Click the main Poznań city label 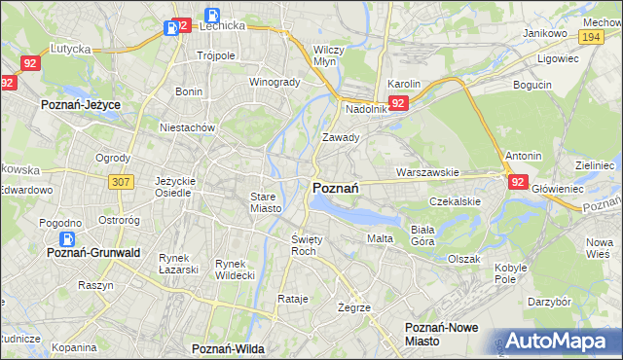(337, 188)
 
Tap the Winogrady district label (275, 82)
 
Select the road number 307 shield (122, 181)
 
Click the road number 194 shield (588, 36)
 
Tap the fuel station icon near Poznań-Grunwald (67, 238)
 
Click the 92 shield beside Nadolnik (397, 102)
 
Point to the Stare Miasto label (264, 202)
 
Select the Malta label (380, 238)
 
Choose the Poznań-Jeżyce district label (80, 102)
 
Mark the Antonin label (523, 156)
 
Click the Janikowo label (544, 33)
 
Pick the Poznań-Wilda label (230, 347)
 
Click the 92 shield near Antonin (516, 181)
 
